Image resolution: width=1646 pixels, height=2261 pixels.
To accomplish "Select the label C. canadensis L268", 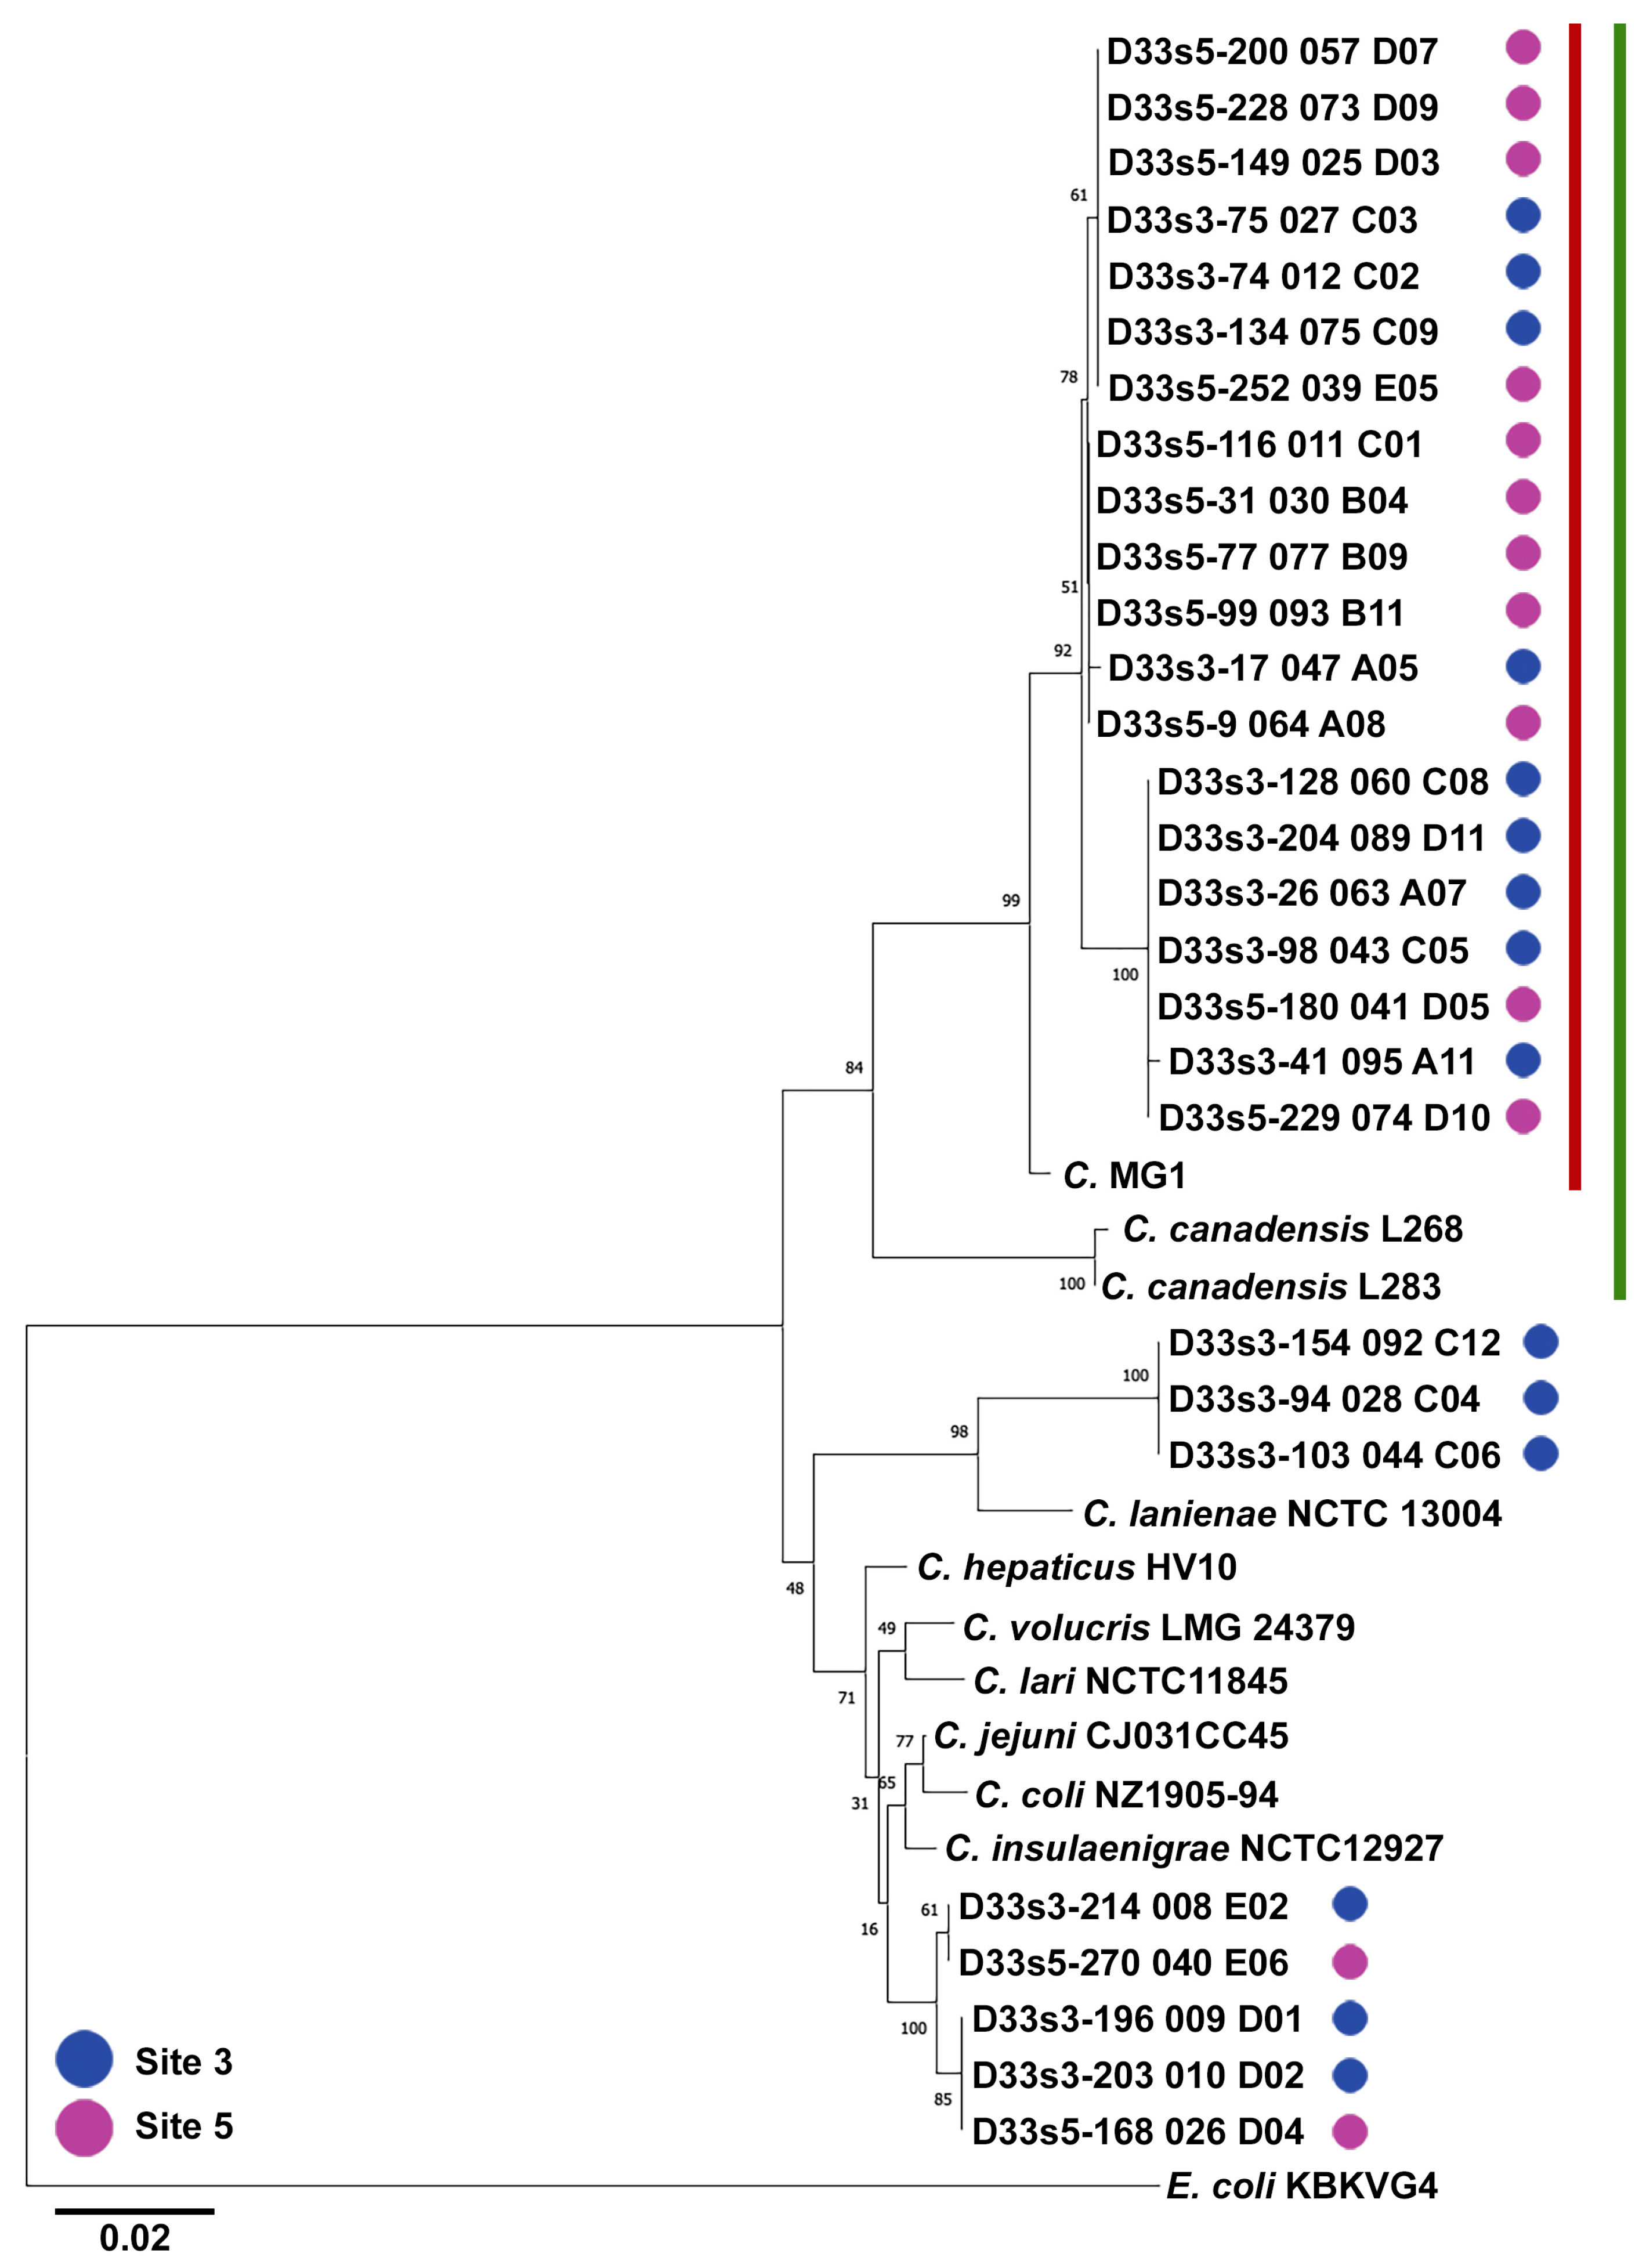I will click(1292, 1229).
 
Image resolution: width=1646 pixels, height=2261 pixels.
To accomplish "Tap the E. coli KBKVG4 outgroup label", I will click(1301, 2186).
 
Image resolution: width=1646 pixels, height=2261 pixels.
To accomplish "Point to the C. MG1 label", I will click(1124, 1175).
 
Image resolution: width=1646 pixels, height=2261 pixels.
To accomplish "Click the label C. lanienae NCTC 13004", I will click(1292, 1513).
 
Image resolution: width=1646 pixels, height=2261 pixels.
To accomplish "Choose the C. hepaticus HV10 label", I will click(1077, 1567).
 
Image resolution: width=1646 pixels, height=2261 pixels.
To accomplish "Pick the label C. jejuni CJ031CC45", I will click(1110, 1735).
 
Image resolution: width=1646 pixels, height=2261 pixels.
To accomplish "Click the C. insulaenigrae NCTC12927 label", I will click(1193, 1848).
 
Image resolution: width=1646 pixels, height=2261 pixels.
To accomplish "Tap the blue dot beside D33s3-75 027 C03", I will click(1522, 215).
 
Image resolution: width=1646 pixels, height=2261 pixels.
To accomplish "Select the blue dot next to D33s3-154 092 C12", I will click(1540, 1342).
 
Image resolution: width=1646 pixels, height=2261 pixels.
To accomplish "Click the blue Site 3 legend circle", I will click(84, 2059).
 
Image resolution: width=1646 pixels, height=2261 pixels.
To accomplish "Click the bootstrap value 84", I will click(853, 1068).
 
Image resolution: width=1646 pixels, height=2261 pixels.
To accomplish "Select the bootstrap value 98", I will click(958, 1431).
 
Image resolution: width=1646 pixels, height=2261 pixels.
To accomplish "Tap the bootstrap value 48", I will click(795, 1588).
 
